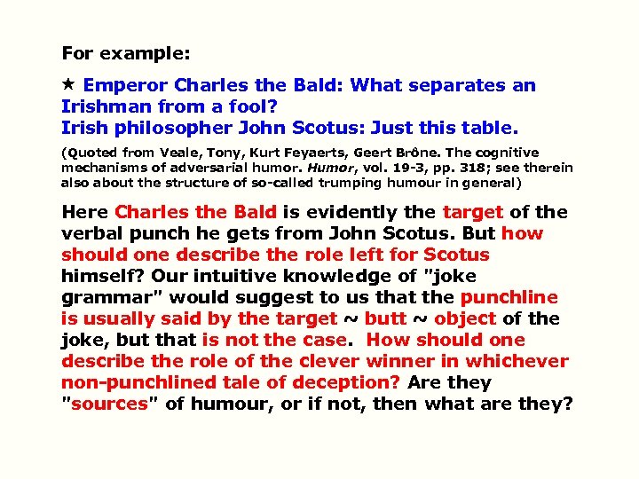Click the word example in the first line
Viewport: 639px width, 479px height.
click(x=145, y=53)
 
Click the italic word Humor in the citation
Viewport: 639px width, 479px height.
click(x=325, y=168)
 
